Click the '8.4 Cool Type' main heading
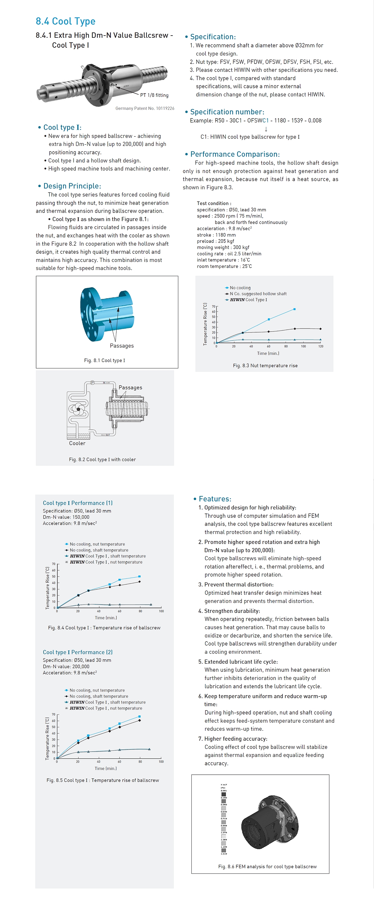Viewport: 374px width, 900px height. pos(65,21)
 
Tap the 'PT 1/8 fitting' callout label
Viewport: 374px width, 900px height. pos(154,95)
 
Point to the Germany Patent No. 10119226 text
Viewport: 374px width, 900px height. pos(145,108)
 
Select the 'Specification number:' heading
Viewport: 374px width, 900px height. pos(227,112)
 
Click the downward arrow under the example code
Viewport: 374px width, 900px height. pos(266,129)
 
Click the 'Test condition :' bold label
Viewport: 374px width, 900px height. pos(214,203)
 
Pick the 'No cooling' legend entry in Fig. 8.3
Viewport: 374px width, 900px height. pos(240,287)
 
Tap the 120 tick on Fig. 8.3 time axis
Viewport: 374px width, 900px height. pos(321,346)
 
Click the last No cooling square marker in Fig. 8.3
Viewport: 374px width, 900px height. pos(295,309)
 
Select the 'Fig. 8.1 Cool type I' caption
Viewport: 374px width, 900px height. pos(104,360)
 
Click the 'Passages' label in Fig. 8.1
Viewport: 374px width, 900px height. pos(122,345)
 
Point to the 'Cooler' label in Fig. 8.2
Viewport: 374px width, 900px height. pos(77,443)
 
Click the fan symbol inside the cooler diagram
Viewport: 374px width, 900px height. pos(78,409)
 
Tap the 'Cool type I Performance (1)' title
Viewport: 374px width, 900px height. pos(78,503)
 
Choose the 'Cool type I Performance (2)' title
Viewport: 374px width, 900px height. pos(78,652)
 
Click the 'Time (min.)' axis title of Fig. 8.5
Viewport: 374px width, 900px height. pos(105,768)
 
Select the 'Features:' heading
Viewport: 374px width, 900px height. pos(215,499)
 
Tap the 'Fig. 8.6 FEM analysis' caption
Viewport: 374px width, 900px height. pos(267,866)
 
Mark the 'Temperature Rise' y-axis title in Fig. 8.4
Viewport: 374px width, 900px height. pos(47,588)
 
